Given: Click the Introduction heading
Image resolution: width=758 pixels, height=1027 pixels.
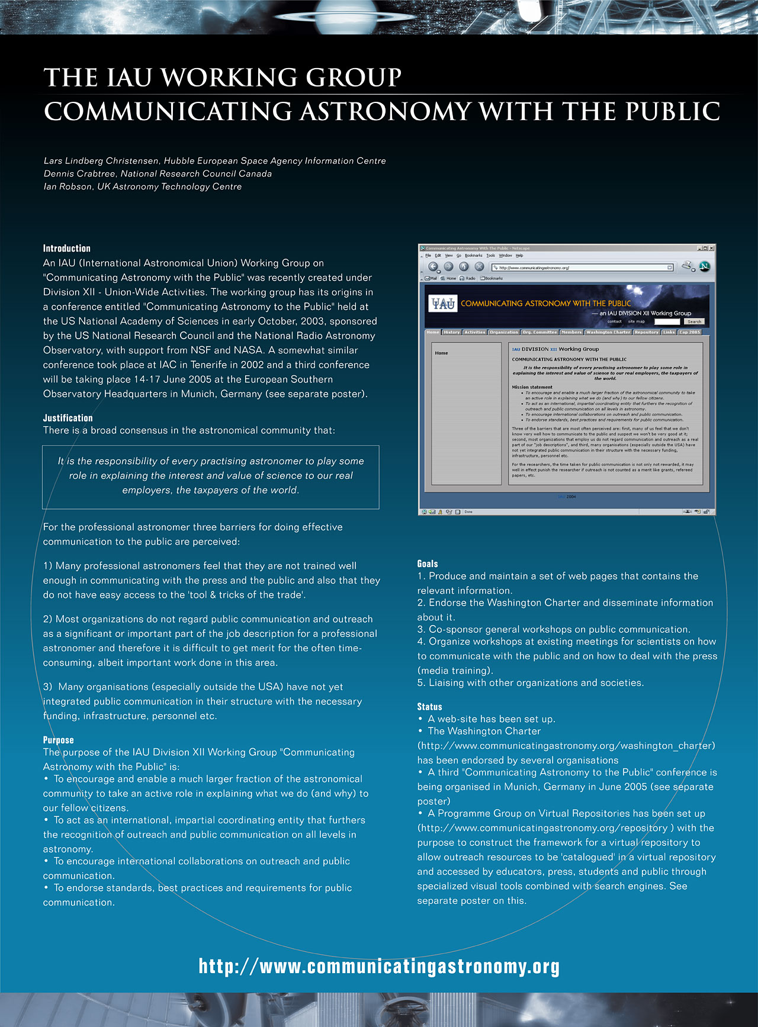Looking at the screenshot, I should click(67, 249).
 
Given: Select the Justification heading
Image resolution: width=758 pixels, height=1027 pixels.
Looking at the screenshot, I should click(68, 418).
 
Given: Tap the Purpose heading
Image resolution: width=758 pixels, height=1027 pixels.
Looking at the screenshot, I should click(58, 740).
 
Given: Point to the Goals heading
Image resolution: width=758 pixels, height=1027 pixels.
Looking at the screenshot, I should click(428, 564).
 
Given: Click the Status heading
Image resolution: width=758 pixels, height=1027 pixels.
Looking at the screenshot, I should click(429, 707).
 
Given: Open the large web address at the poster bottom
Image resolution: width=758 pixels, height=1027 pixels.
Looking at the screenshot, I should click(379, 967).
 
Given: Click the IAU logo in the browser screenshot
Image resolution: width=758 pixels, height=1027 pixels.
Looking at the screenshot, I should click(443, 304).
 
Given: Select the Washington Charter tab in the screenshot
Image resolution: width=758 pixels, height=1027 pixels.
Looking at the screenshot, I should click(608, 332).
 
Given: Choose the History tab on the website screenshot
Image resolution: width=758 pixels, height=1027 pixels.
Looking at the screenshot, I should click(451, 332).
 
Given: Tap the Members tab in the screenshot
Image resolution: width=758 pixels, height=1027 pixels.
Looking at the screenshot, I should click(571, 332).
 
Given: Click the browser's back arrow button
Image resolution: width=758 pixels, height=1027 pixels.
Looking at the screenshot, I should click(433, 267).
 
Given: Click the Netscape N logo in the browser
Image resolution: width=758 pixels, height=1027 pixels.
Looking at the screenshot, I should click(704, 266).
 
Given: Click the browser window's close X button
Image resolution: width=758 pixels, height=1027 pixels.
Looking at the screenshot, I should click(711, 248).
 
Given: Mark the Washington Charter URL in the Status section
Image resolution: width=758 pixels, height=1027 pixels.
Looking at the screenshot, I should click(566, 746).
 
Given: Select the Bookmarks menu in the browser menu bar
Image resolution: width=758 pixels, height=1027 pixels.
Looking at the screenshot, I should click(473, 256).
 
